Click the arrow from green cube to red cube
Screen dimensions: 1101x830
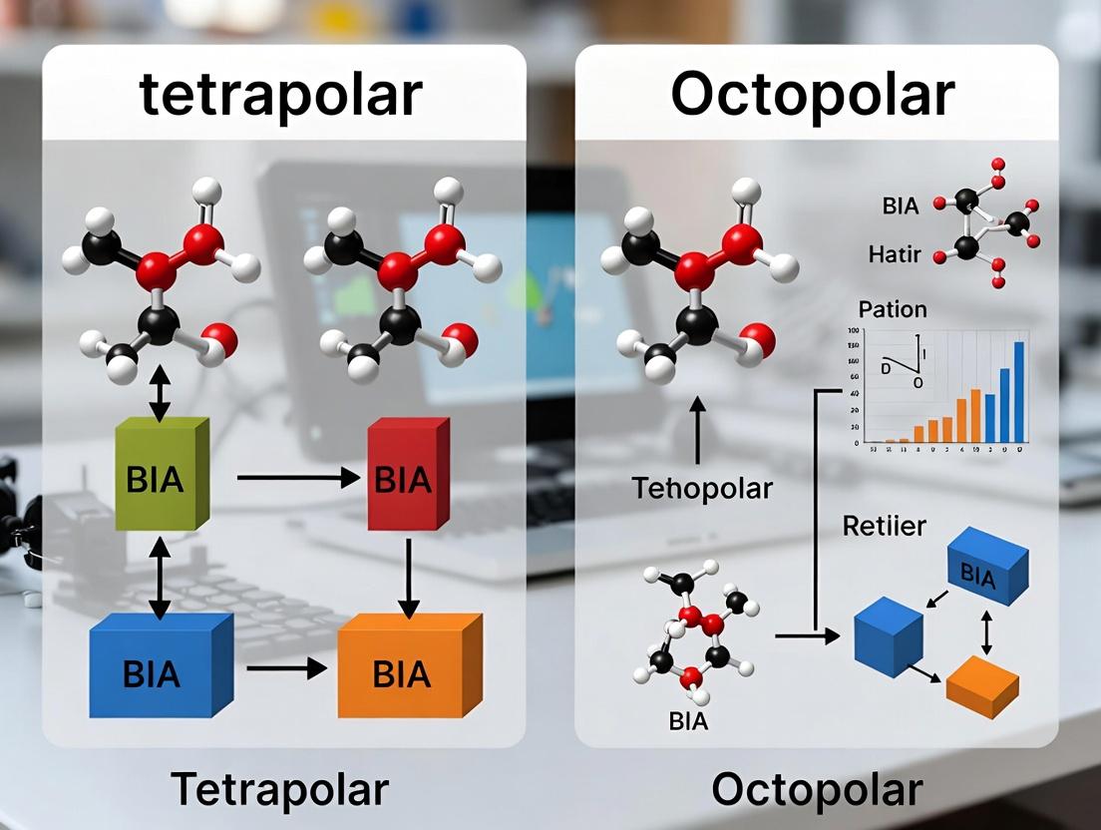[x=297, y=479]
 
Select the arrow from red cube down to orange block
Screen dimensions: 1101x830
[x=407, y=578]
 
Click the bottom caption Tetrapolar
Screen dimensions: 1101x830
[x=280, y=788]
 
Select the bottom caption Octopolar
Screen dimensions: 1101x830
[x=818, y=788]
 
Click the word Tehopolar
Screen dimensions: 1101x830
[x=702, y=489]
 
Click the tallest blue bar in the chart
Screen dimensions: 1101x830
[x=1018, y=391]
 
